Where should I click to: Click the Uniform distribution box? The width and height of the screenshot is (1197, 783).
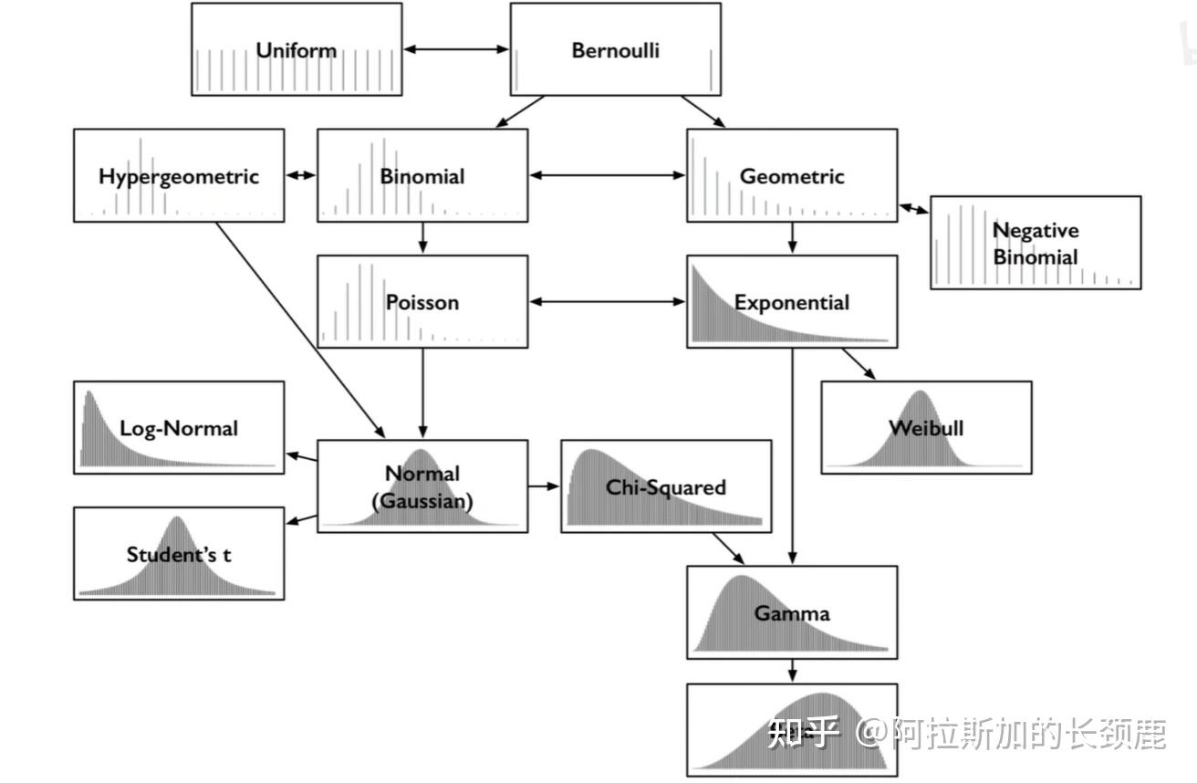tap(297, 49)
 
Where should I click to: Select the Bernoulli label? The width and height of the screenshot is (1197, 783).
tap(615, 50)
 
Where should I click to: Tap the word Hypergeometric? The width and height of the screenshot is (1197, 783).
tap(179, 176)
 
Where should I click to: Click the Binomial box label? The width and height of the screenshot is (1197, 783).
tap(422, 176)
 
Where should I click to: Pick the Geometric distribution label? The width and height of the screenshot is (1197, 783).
tap(792, 176)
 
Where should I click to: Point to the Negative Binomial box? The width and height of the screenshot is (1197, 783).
tap(1036, 243)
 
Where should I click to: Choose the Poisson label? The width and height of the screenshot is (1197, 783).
tap(422, 302)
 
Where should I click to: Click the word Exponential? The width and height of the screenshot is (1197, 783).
tap(792, 302)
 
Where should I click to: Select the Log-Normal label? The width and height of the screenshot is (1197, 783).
tap(179, 428)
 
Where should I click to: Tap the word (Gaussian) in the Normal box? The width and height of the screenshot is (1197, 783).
tap(422, 501)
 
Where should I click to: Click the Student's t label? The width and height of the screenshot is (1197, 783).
tap(179, 554)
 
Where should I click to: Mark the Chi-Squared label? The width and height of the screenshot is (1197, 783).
tap(666, 487)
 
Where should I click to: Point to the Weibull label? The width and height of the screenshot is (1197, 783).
tap(926, 428)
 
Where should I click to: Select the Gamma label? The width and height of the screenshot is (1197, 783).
tap(792, 612)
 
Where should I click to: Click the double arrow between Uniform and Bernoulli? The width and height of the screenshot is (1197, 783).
tap(456, 49)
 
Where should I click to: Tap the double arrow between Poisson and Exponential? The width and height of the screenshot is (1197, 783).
tap(607, 301)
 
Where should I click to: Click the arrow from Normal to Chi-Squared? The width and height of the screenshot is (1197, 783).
tap(544, 486)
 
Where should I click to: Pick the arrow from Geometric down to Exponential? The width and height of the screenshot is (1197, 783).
tap(792, 238)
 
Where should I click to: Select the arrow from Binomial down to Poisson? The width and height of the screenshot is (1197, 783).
tap(422, 238)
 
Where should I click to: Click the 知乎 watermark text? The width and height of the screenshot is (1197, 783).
tap(802, 732)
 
